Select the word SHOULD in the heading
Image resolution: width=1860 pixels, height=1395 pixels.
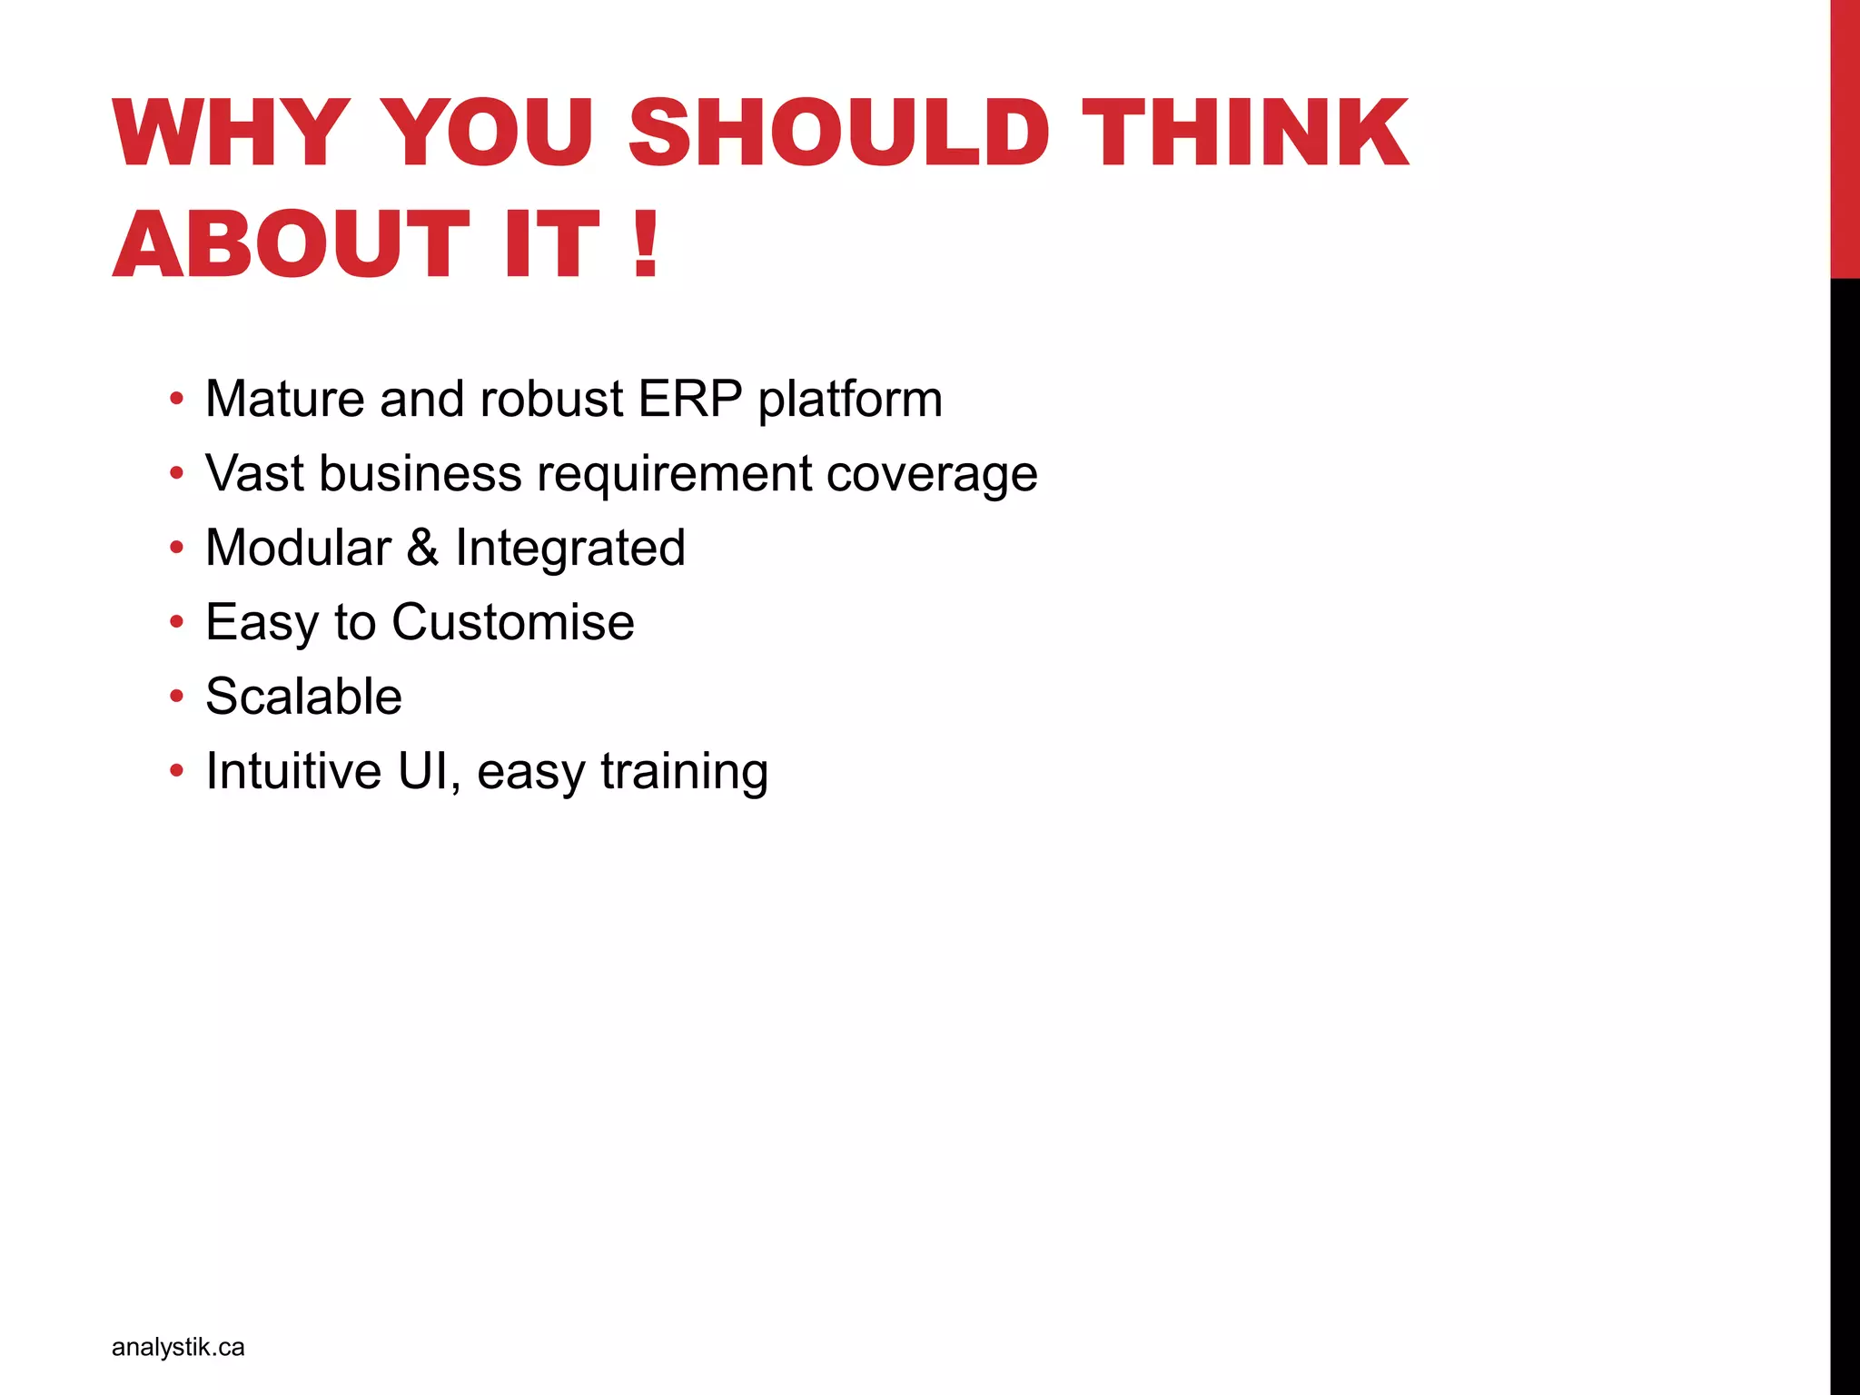pos(837,134)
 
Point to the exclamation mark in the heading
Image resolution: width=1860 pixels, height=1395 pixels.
pos(646,243)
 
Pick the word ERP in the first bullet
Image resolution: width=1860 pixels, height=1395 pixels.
pos(690,399)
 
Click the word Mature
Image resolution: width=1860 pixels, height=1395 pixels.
pos(284,399)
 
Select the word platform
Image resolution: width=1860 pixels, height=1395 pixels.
pos(850,401)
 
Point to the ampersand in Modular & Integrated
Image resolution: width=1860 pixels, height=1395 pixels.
pos(422,548)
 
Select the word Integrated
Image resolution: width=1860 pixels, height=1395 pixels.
pos(569,549)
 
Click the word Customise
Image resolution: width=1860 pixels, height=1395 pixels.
pos(513,622)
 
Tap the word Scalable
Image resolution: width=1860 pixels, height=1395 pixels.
pos(303,697)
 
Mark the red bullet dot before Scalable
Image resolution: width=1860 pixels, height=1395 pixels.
pos(176,697)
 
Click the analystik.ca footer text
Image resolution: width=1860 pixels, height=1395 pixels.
pos(178,1347)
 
